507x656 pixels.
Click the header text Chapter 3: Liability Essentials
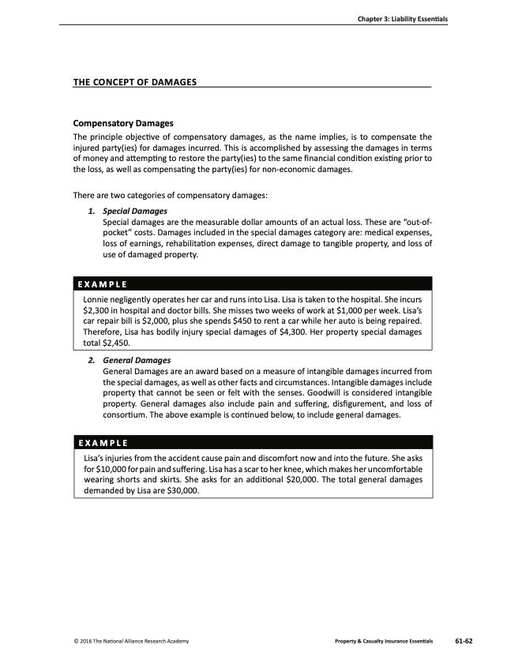click(x=396, y=19)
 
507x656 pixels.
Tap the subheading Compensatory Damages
click(x=123, y=124)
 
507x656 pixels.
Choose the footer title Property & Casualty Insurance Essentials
click(x=384, y=639)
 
